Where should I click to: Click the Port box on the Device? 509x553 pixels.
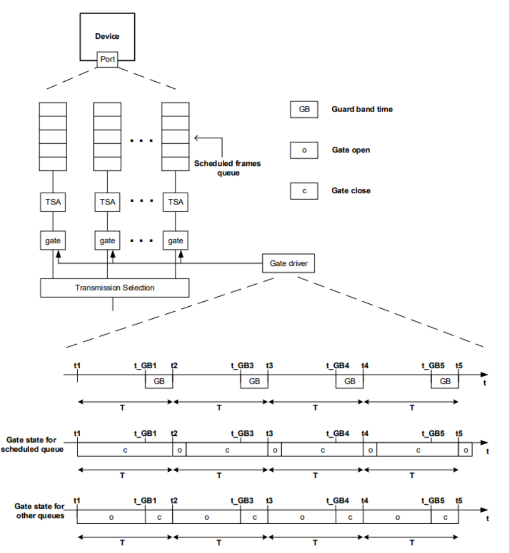[x=108, y=60]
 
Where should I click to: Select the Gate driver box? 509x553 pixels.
[x=288, y=263]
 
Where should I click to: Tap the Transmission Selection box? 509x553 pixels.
[x=115, y=288]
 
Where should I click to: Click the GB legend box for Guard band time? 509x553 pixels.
[x=303, y=109]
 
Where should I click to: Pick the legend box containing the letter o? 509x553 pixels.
[x=303, y=150]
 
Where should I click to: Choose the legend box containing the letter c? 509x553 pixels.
[x=303, y=191]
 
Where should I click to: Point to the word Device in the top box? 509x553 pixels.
[x=107, y=36]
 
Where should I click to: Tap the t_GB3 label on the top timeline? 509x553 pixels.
[x=242, y=365]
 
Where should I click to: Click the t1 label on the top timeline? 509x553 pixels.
[x=77, y=365]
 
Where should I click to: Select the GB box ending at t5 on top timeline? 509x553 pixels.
[x=445, y=381]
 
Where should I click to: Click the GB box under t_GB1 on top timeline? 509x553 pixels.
[x=159, y=381]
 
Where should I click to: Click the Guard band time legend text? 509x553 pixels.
[x=362, y=109]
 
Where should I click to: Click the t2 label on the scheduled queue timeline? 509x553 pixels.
[x=174, y=433]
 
